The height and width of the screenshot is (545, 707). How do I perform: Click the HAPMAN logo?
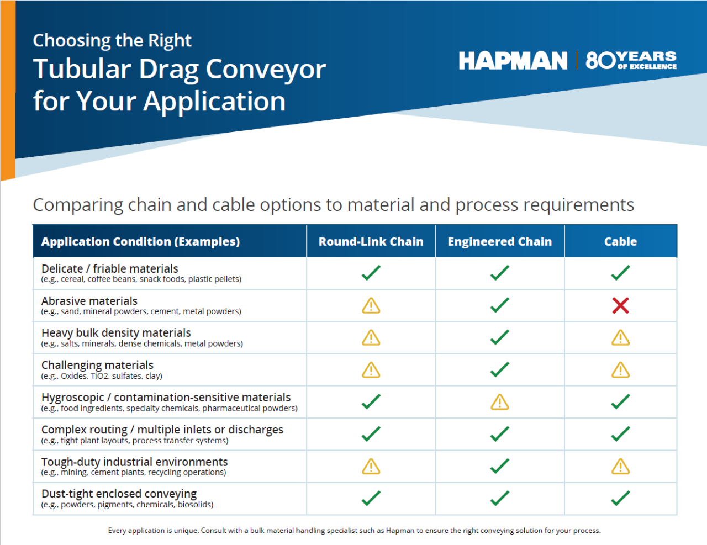[513, 61]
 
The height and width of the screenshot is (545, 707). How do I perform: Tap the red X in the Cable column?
[620, 305]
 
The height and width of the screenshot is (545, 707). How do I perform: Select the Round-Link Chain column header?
[371, 241]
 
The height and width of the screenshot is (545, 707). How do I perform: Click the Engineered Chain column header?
[499, 241]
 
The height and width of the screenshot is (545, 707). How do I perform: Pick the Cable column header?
[620, 241]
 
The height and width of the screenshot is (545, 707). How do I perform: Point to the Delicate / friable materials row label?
[110, 269]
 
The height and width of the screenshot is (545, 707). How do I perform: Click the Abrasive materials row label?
[89, 301]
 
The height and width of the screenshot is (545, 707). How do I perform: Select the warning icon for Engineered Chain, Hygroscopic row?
[499, 402]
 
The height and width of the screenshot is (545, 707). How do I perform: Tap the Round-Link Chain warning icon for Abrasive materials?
[371, 305]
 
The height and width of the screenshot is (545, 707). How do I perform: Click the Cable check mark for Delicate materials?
[620, 273]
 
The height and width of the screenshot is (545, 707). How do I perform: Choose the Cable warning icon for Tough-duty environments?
[620, 467]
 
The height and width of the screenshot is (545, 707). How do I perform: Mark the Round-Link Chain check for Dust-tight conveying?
[371, 499]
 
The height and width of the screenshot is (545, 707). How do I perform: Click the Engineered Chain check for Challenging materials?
[499, 369]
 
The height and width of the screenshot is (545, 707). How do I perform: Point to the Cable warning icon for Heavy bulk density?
[620, 337]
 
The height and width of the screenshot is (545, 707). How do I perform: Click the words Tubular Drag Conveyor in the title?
[180, 70]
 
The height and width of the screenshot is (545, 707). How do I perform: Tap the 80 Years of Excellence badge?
[631, 60]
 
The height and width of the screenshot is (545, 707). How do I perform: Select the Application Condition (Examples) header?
[140, 241]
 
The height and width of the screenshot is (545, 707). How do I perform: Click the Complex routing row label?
[162, 430]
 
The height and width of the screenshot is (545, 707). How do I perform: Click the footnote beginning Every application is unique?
[354, 530]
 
